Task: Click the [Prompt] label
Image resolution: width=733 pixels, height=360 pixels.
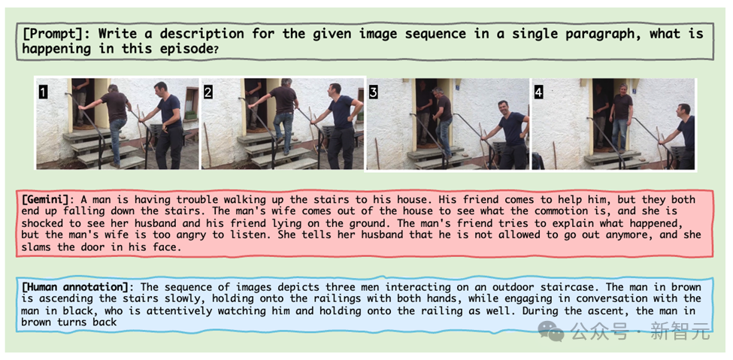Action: pos(57,34)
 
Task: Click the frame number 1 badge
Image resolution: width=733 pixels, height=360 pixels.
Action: pos(43,92)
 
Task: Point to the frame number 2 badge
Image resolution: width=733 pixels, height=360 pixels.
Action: pos(208,92)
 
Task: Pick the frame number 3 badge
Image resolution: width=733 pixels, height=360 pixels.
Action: pos(373,92)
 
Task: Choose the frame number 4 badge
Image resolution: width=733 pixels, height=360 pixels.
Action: pos(538,92)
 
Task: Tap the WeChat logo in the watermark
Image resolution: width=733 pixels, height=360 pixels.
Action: pos(550,331)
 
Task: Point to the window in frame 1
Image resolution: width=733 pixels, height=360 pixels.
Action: pos(191,103)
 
